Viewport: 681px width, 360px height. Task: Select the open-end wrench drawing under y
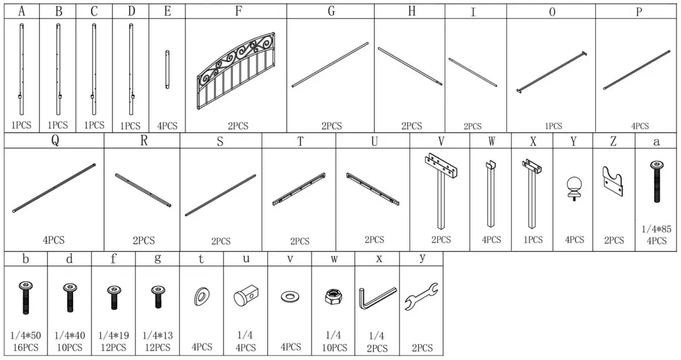[x=422, y=298]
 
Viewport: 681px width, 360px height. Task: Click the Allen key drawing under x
[x=377, y=298]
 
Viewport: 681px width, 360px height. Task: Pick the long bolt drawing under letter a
[x=656, y=181]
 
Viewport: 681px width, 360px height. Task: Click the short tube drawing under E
[x=167, y=69]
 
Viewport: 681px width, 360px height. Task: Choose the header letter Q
[x=55, y=142]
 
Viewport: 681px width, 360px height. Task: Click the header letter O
[x=551, y=12]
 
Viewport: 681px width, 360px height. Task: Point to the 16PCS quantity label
[x=25, y=347]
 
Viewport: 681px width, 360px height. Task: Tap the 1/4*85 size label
[x=656, y=229]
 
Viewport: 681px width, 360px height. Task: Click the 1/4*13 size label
[x=157, y=335]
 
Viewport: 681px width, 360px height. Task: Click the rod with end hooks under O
[x=551, y=72]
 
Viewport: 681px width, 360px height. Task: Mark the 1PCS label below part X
[x=532, y=240]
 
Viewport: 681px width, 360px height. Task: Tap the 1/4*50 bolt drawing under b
[x=25, y=297]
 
